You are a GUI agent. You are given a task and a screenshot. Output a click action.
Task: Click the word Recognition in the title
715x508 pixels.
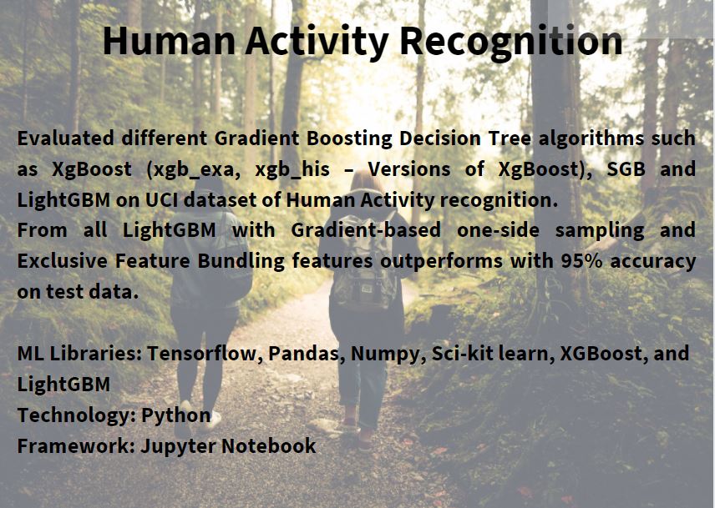tap(510, 42)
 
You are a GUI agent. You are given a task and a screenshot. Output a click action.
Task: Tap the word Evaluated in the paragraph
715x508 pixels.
tap(66, 138)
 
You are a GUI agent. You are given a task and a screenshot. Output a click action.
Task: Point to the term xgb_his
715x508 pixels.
tap(292, 170)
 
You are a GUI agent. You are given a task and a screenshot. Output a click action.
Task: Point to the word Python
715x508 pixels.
tap(176, 415)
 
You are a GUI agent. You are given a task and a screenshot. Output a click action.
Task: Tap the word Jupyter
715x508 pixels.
tap(178, 446)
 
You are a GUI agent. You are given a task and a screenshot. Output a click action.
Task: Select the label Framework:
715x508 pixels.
tap(76, 445)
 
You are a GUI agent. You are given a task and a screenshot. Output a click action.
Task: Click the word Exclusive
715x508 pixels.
tap(63, 261)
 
